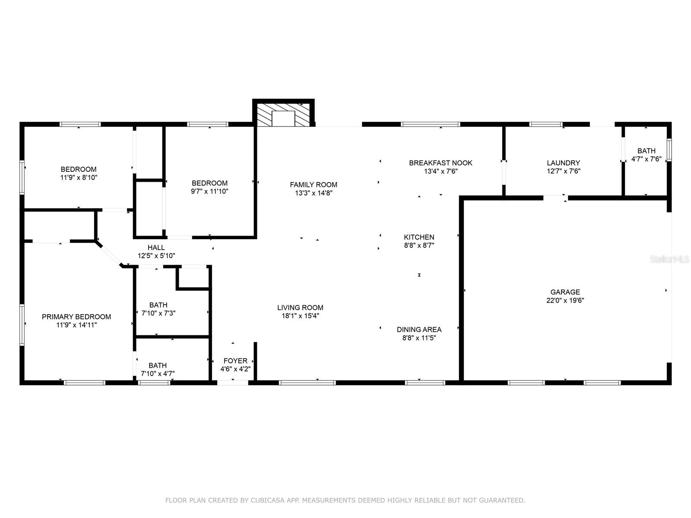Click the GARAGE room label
point(565,292)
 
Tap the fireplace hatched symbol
point(264,114)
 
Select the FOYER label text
point(235,361)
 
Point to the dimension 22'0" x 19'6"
point(565,300)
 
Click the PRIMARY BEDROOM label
point(76,317)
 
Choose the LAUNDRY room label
point(563,163)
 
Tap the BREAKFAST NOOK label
point(441,163)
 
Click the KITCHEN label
point(419,237)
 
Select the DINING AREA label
point(419,330)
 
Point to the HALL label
point(156,247)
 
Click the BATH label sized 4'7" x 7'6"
point(646,151)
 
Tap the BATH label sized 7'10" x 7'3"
point(158,305)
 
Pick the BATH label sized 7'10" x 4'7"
point(158,365)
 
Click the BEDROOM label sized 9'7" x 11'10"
point(209,183)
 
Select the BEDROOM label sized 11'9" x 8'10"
point(79,169)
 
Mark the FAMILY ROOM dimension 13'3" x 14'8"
point(314,193)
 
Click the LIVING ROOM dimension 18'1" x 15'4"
point(300,316)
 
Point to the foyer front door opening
point(232,382)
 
